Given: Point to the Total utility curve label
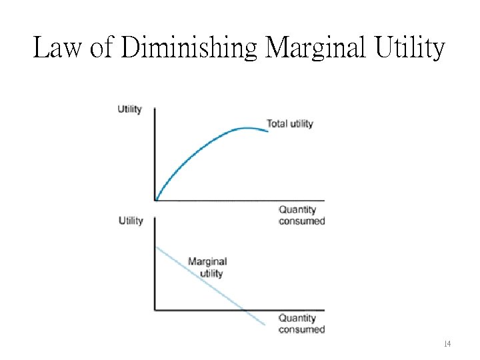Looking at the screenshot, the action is point(290,123).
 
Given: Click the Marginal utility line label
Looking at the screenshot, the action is point(207,267).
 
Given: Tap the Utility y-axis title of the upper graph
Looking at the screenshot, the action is point(130,109).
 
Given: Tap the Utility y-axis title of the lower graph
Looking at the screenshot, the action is point(131,221).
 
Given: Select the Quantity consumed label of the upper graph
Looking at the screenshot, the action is point(301,215).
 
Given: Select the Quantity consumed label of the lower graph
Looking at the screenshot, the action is point(301,324).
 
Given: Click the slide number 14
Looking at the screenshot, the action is point(447,344).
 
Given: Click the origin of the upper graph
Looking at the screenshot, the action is point(155,200).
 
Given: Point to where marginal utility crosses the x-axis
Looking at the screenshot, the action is point(243,310).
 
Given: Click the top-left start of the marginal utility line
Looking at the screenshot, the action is point(156,247).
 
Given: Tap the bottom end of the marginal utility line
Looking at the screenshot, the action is point(265,326).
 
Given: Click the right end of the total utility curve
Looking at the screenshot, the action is point(268,131).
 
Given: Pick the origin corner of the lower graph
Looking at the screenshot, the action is point(155,310).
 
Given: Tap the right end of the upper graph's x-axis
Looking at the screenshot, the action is point(324,200).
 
